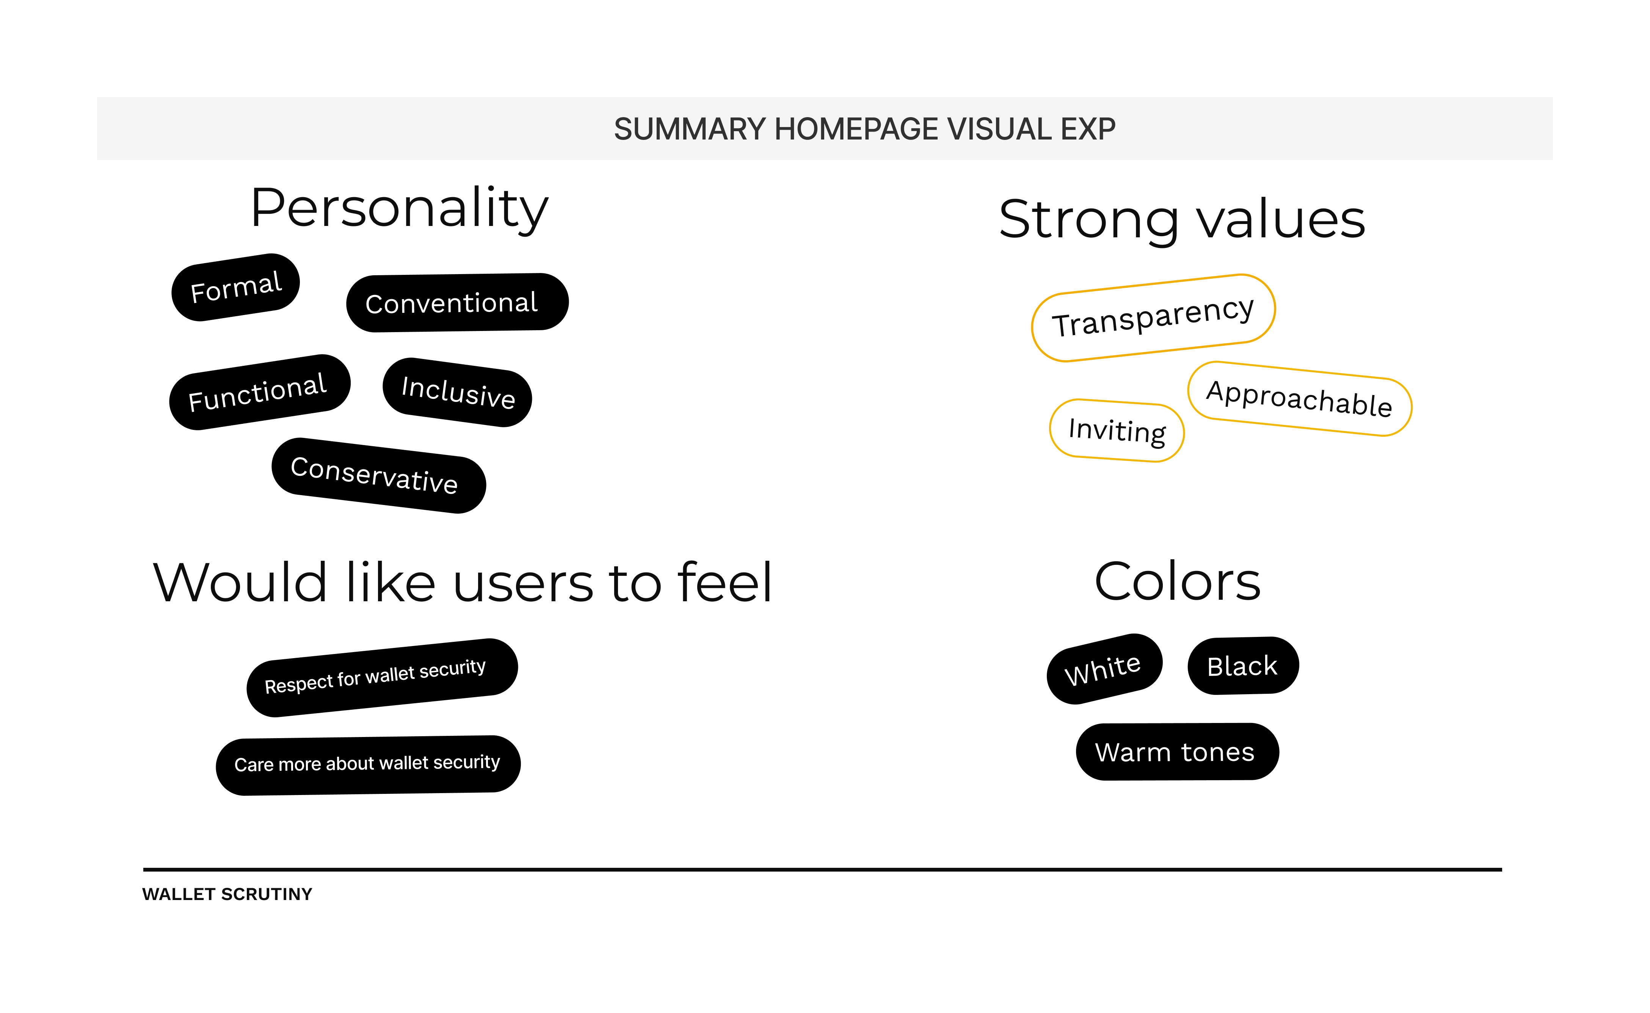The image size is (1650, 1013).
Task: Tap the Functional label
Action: pos(259,392)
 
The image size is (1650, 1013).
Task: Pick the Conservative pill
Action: pos(378,476)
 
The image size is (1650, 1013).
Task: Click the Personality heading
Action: pos(399,209)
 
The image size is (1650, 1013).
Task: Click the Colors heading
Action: pos(1177,582)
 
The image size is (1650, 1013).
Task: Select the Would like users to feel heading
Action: pos(462,583)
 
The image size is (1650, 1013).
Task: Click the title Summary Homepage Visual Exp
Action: pos(864,129)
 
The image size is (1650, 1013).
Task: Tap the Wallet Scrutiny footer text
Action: pos(227,894)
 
